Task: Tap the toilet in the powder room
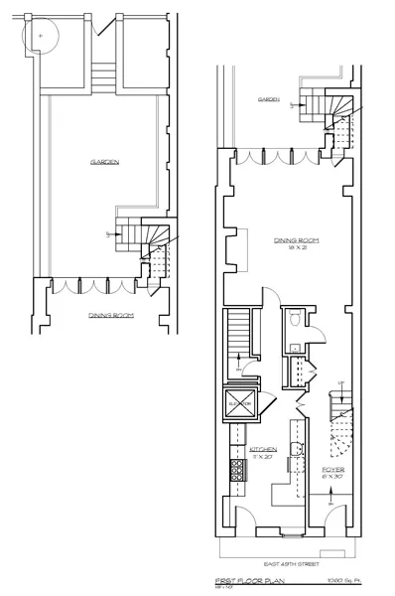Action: click(297, 321)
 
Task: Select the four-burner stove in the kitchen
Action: click(238, 464)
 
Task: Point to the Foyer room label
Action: click(332, 468)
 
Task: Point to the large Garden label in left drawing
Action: click(105, 162)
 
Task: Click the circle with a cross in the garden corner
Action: click(41, 35)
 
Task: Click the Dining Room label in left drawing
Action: click(111, 315)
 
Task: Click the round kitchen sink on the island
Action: click(295, 449)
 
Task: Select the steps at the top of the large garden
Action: click(103, 76)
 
